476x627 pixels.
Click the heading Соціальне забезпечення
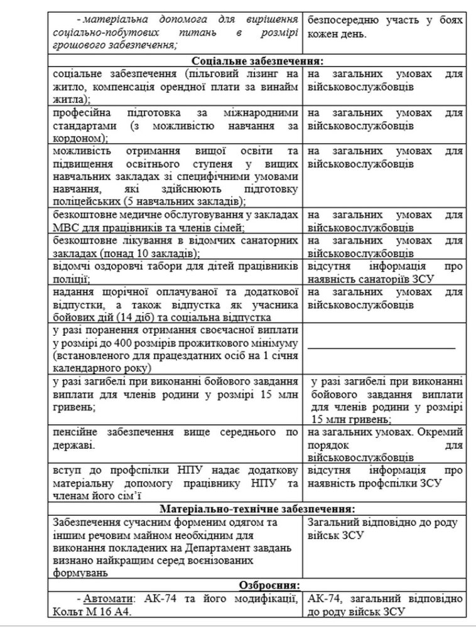(x=257, y=62)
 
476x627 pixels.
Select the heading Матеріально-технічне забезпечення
(x=257, y=508)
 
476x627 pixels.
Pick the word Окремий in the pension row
(x=437, y=432)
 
